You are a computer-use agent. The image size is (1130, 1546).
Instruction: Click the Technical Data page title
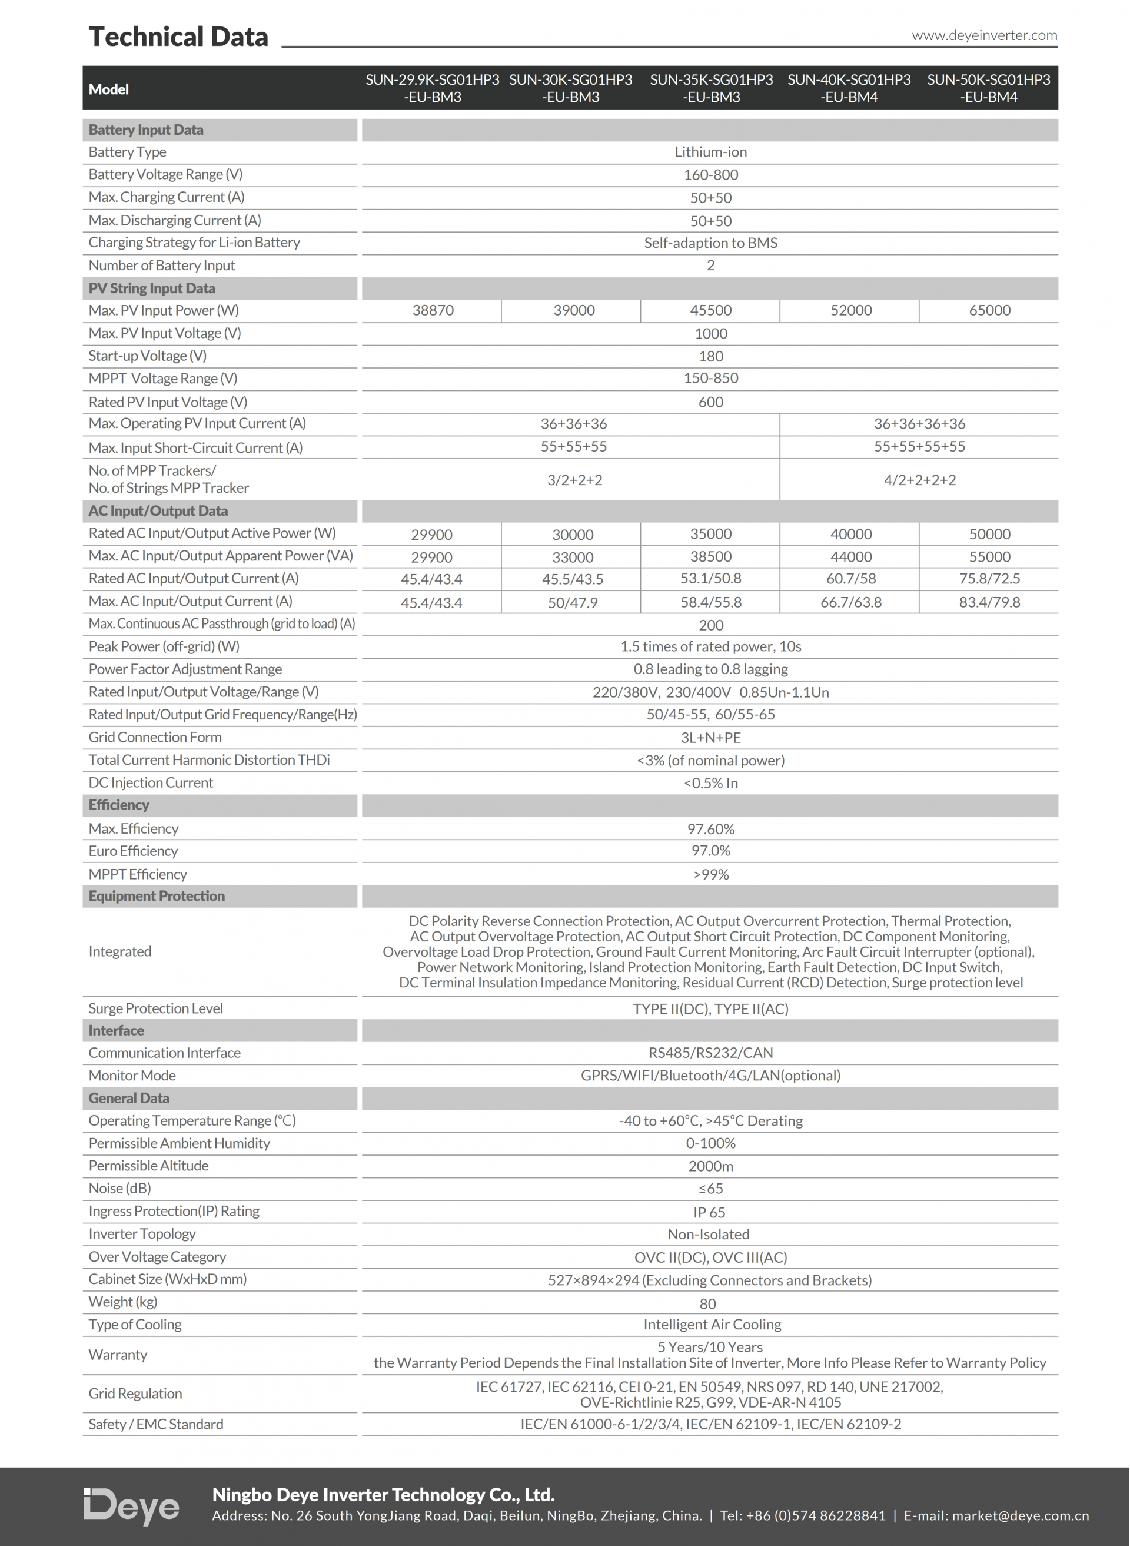(178, 37)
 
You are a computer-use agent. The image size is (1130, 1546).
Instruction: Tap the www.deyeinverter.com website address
(983, 35)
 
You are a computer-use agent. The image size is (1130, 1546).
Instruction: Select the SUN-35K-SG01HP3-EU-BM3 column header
(711, 88)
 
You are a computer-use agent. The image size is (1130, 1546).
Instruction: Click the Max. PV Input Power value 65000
(989, 311)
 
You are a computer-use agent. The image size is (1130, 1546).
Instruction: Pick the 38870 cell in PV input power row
(433, 311)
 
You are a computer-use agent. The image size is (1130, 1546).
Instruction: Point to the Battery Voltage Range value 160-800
(711, 175)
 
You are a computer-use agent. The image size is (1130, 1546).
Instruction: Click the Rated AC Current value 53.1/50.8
(711, 579)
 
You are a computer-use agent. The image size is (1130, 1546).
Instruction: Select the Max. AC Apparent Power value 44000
(850, 557)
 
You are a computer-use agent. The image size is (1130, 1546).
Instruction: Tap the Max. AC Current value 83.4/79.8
(989, 602)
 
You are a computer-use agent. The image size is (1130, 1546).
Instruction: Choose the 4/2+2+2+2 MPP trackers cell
(919, 480)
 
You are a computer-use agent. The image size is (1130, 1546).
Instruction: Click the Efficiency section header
(118, 805)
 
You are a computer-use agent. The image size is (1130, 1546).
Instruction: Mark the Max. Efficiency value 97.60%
(711, 829)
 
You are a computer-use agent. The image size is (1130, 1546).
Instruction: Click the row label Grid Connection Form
(155, 738)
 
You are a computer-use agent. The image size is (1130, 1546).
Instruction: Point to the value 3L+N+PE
(711, 738)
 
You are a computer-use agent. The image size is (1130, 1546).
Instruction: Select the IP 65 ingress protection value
(709, 1212)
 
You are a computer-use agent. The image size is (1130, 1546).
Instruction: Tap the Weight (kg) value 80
(708, 1304)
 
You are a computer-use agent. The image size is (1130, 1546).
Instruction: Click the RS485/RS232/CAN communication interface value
(711, 1053)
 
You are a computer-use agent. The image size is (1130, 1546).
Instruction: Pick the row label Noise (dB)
(119, 1188)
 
